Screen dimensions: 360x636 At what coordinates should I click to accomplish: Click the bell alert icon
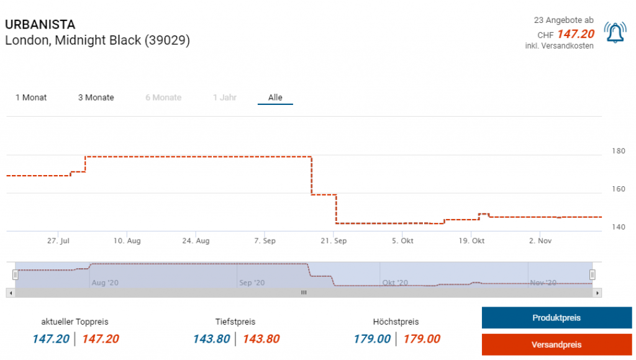click(615, 32)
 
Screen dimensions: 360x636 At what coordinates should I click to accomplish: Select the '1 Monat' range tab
click(31, 97)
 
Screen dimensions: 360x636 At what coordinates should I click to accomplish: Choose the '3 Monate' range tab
click(96, 97)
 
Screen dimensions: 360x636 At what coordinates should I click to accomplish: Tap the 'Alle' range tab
click(275, 97)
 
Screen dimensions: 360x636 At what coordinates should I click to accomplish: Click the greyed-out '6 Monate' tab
click(163, 97)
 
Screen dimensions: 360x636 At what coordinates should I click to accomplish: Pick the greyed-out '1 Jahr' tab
click(224, 97)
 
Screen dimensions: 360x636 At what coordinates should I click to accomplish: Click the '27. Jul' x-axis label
click(58, 241)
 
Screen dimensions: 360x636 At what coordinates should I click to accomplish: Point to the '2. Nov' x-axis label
click(540, 241)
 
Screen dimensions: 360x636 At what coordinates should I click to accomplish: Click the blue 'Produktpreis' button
click(556, 318)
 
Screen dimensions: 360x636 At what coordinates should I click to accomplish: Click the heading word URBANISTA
click(40, 25)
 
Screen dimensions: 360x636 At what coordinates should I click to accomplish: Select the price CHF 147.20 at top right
click(575, 34)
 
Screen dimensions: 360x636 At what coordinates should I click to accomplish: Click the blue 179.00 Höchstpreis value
click(372, 339)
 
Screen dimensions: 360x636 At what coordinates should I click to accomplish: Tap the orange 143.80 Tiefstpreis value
click(261, 339)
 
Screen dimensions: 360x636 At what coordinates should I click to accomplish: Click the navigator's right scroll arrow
click(597, 292)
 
